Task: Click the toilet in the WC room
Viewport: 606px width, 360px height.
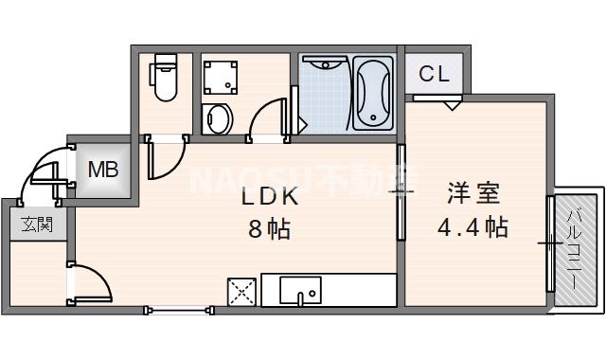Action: (165, 84)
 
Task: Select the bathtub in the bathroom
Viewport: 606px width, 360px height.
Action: (371, 93)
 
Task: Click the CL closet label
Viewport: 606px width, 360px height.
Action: (433, 73)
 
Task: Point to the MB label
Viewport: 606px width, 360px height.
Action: (102, 171)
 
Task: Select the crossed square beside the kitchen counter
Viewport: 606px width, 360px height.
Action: (242, 292)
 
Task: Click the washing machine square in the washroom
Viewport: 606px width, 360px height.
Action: (223, 75)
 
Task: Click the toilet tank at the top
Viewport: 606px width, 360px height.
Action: (165, 64)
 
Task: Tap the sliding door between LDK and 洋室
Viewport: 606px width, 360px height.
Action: (401, 189)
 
